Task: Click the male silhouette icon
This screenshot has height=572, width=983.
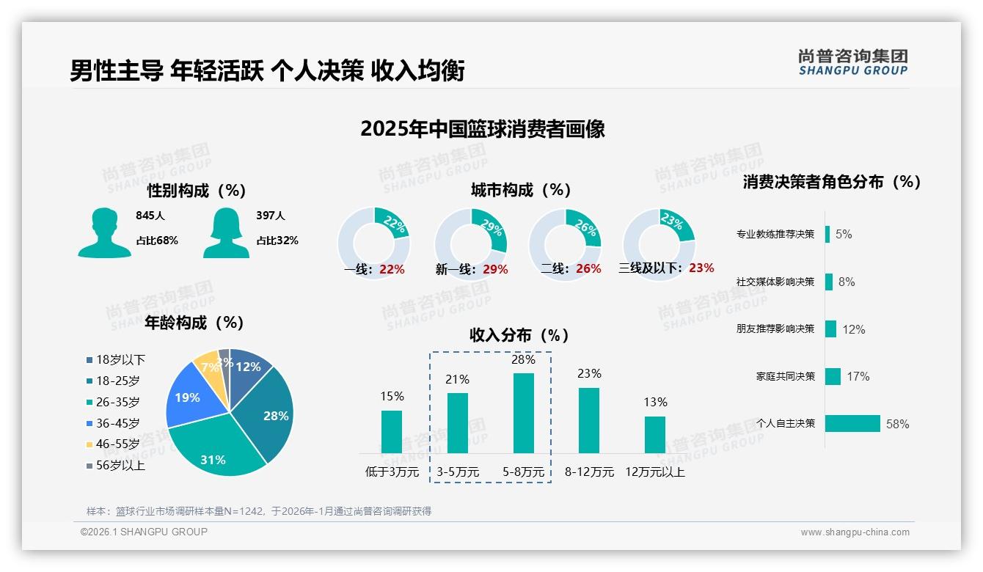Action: click(104, 232)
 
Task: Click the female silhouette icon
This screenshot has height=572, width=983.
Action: click(226, 232)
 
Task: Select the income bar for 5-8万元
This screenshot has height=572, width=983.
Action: click(524, 413)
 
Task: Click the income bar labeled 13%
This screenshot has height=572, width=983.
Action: click(654, 434)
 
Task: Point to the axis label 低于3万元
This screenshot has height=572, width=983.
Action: click(392, 472)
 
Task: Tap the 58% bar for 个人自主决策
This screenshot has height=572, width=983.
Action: click(852, 423)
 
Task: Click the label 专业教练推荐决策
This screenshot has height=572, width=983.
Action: click(775, 234)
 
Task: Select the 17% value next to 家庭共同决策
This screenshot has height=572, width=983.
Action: click(858, 376)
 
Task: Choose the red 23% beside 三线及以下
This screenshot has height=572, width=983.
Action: click(701, 268)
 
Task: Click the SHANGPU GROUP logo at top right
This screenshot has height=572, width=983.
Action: click(852, 62)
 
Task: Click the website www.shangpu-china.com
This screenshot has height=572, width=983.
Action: click(855, 532)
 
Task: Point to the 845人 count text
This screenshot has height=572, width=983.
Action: click(150, 216)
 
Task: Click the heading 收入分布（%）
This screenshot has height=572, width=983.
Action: click(519, 335)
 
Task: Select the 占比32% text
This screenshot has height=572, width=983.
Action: click(277, 240)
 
